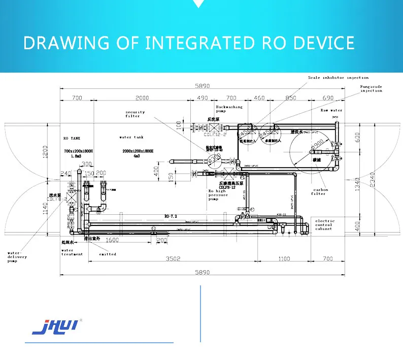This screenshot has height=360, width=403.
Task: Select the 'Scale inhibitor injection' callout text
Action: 338,78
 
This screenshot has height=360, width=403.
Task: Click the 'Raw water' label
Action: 331,110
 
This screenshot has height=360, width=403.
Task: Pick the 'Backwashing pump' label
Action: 229,109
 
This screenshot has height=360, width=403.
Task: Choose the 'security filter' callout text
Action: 136,114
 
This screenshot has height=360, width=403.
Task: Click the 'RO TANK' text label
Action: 73,138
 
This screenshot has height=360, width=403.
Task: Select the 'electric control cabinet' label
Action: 325,225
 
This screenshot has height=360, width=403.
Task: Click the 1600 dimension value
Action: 112,240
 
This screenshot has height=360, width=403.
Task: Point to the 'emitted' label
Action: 108,254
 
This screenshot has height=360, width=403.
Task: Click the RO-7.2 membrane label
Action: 171,216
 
